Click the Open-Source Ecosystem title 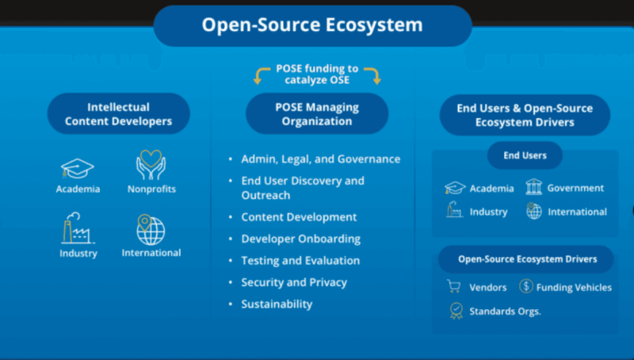[x=312, y=25]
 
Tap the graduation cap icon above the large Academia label [x=78, y=167]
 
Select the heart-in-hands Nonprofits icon [x=151, y=164]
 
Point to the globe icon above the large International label [x=150, y=230]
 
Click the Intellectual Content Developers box [x=118, y=114]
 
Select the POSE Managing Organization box [x=317, y=114]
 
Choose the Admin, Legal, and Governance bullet [x=320, y=159]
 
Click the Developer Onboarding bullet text [x=300, y=239]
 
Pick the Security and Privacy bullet [x=294, y=282]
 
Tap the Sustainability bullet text [x=277, y=304]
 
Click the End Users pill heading [x=525, y=155]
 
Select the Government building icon [x=533, y=187]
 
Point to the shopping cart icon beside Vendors [x=454, y=287]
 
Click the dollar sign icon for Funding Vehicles [x=526, y=286]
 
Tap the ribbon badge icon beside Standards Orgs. [x=456, y=311]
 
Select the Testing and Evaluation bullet [x=300, y=260]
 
